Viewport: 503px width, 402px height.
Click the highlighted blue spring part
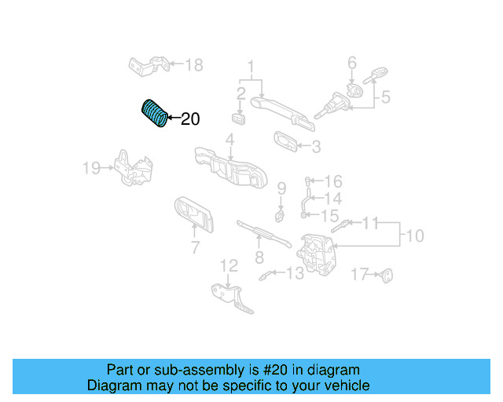point(154,113)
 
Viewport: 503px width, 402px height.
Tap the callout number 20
point(190,119)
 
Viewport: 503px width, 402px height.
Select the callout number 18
point(194,65)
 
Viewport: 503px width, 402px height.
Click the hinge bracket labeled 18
point(149,67)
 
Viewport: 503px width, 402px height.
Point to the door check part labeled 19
point(134,169)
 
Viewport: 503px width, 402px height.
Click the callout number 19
point(92,168)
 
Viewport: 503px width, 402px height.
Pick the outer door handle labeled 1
point(282,113)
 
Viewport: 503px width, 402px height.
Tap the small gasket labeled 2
point(239,119)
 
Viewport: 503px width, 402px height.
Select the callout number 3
point(316,147)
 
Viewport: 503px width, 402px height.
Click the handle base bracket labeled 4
point(230,167)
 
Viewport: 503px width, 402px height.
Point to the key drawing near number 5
point(376,75)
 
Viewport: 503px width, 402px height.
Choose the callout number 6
point(352,63)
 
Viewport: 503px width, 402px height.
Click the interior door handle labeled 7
point(194,214)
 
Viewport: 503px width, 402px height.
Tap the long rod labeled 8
point(264,234)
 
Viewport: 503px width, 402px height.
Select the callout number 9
point(281,188)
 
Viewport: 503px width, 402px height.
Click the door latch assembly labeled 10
point(316,254)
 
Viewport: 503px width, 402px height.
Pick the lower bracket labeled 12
point(232,298)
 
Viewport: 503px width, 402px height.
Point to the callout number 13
point(295,273)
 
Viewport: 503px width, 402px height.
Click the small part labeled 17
point(386,276)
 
